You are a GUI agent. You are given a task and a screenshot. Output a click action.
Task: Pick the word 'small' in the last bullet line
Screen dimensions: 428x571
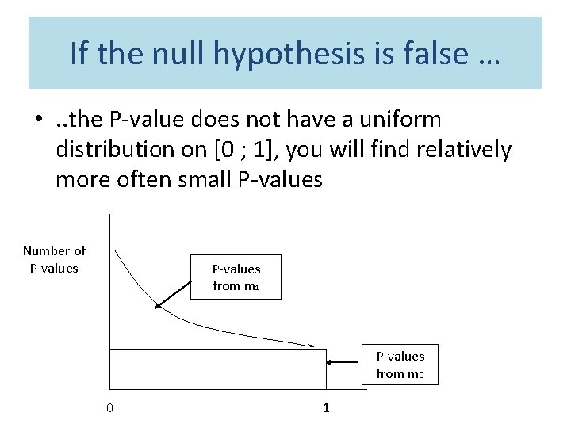[201, 180]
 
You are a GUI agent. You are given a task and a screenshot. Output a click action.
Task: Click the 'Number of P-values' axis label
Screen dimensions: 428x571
[54, 259]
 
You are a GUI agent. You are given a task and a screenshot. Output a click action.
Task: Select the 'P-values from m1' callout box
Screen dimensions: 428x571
[236, 277]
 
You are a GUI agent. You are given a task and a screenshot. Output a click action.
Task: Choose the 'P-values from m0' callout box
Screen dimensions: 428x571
[400, 365]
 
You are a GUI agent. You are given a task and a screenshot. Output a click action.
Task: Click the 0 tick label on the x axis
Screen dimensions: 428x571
[109, 408]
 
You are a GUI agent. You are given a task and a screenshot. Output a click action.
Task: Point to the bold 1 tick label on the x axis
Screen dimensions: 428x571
[325, 408]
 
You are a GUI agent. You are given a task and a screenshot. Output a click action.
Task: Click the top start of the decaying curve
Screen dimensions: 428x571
[116, 251]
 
